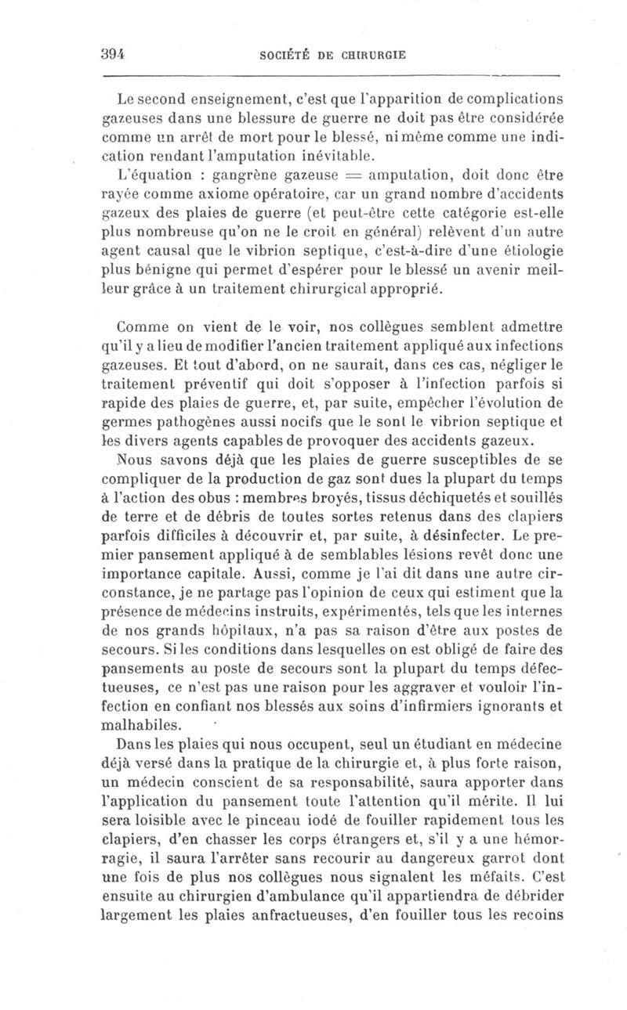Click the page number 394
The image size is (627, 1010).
pos(114,54)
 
